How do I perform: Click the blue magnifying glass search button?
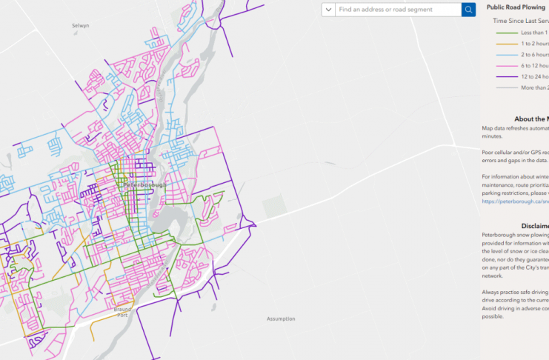tap(468, 10)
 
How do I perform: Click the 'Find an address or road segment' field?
tap(397, 10)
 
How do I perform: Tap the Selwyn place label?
tap(80, 25)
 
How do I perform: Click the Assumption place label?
tap(281, 319)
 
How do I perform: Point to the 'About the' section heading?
tap(530, 119)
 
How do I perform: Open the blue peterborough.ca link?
tap(515, 201)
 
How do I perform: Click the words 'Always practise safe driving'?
tap(514, 291)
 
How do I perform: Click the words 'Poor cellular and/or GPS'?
tap(514, 152)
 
